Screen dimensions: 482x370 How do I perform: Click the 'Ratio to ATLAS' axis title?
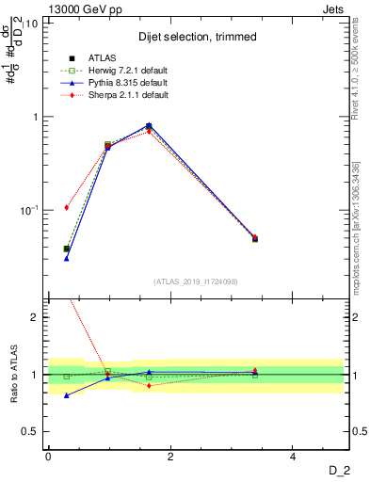click(x=14, y=375)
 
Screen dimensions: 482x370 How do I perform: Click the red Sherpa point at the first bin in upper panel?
click(x=66, y=207)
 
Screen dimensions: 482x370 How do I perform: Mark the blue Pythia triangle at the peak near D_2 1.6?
click(x=149, y=125)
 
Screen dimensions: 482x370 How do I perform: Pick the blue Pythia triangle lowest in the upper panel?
click(x=66, y=258)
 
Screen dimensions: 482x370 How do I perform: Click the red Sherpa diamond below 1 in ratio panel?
click(x=149, y=386)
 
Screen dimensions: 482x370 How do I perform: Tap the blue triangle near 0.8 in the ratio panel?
click(x=66, y=395)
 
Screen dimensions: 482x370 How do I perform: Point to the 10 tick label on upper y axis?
click(x=31, y=24)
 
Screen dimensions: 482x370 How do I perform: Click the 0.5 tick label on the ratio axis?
click(x=30, y=431)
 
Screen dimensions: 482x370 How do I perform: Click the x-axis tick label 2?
click(x=170, y=457)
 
